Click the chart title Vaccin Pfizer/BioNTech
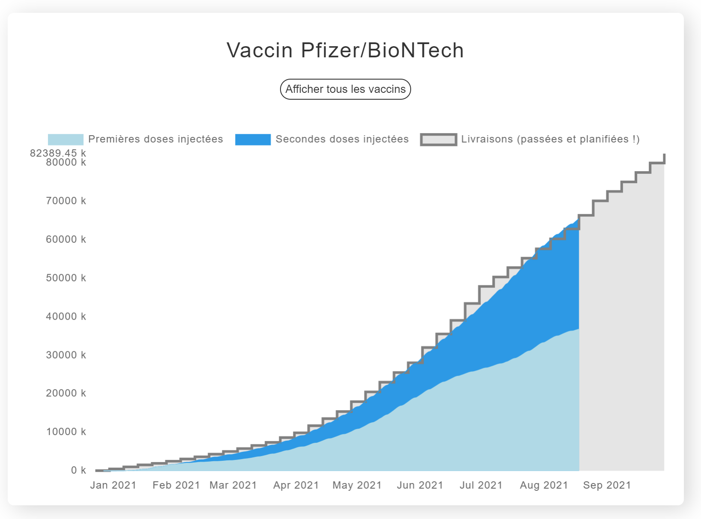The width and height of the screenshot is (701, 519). (345, 50)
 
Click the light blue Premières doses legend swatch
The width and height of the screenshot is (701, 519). (66, 139)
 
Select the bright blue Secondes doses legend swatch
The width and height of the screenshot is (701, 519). (253, 139)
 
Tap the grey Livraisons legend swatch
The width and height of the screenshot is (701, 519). (438, 139)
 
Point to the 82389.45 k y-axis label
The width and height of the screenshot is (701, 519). (58, 153)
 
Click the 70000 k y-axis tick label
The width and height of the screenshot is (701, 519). (66, 201)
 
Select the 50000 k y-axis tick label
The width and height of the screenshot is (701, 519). (66, 278)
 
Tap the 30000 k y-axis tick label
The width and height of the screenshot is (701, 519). (66, 355)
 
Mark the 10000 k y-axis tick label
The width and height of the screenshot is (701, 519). (66, 432)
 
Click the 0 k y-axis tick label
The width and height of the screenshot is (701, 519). (78, 470)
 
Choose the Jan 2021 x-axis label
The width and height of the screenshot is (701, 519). (113, 485)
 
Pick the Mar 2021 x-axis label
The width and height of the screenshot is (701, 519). (233, 485)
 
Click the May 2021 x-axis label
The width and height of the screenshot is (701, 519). (357, 485)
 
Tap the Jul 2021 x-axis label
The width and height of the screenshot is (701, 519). (481, 485)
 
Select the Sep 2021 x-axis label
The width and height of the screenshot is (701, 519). (607, 485)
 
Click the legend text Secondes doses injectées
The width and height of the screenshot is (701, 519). (342, 139)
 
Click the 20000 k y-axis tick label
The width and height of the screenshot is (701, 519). (66, 393)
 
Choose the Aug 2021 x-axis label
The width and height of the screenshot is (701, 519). (544, 485)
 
